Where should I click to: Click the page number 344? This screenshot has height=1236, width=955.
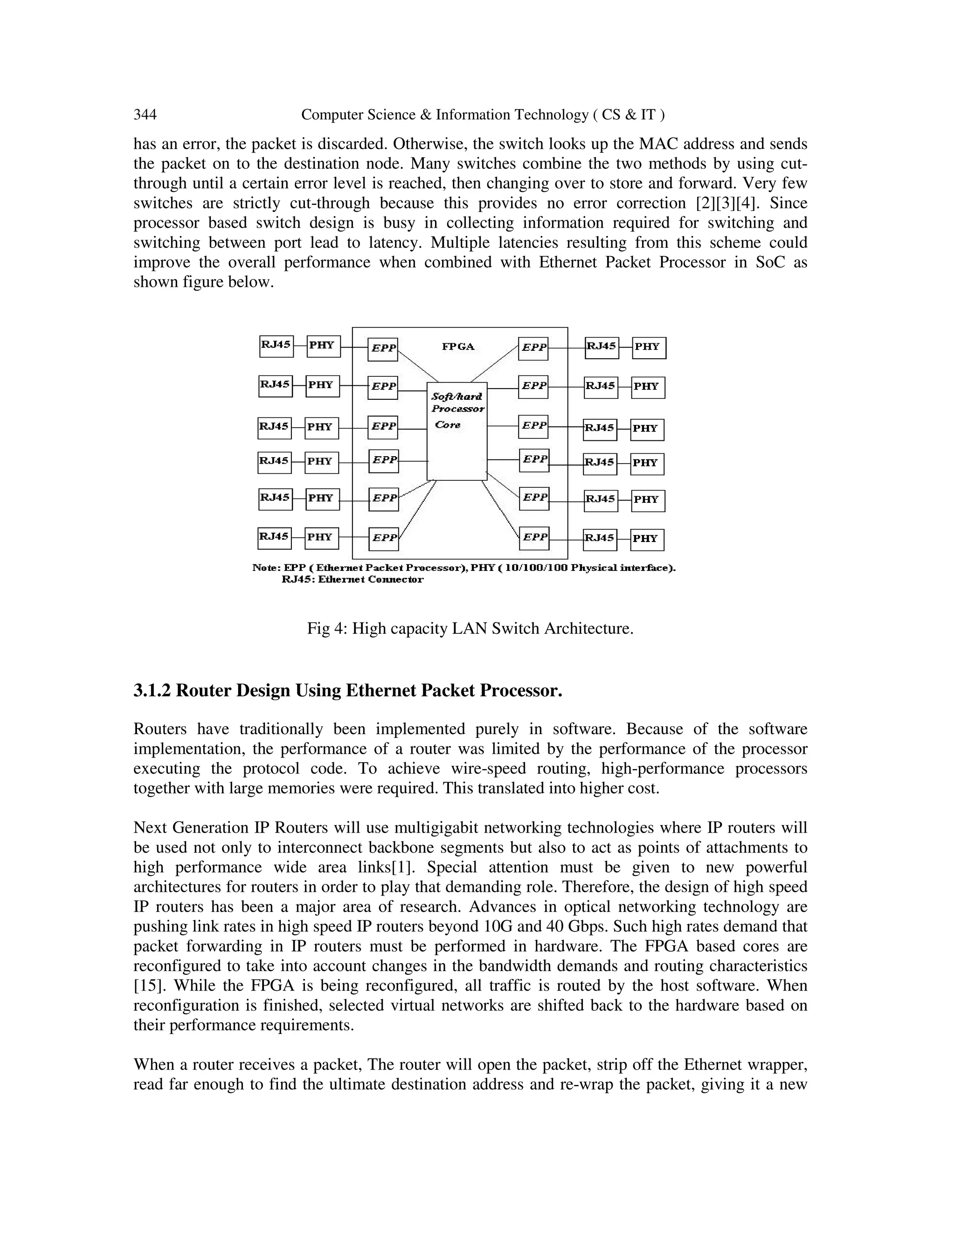(145, 115)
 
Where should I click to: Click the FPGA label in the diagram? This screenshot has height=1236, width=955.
(458, 347)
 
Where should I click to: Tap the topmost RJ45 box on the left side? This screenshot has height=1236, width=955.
(276, 346)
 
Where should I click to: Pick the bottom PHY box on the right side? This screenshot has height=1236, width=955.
(647, 539)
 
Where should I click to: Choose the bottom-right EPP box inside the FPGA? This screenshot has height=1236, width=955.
(533, 537)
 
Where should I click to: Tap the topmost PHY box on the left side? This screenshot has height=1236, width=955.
(323, 346)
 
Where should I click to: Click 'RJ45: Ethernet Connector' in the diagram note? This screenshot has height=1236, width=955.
(352, 579)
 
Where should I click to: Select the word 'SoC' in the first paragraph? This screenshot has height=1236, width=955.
(770, 263)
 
